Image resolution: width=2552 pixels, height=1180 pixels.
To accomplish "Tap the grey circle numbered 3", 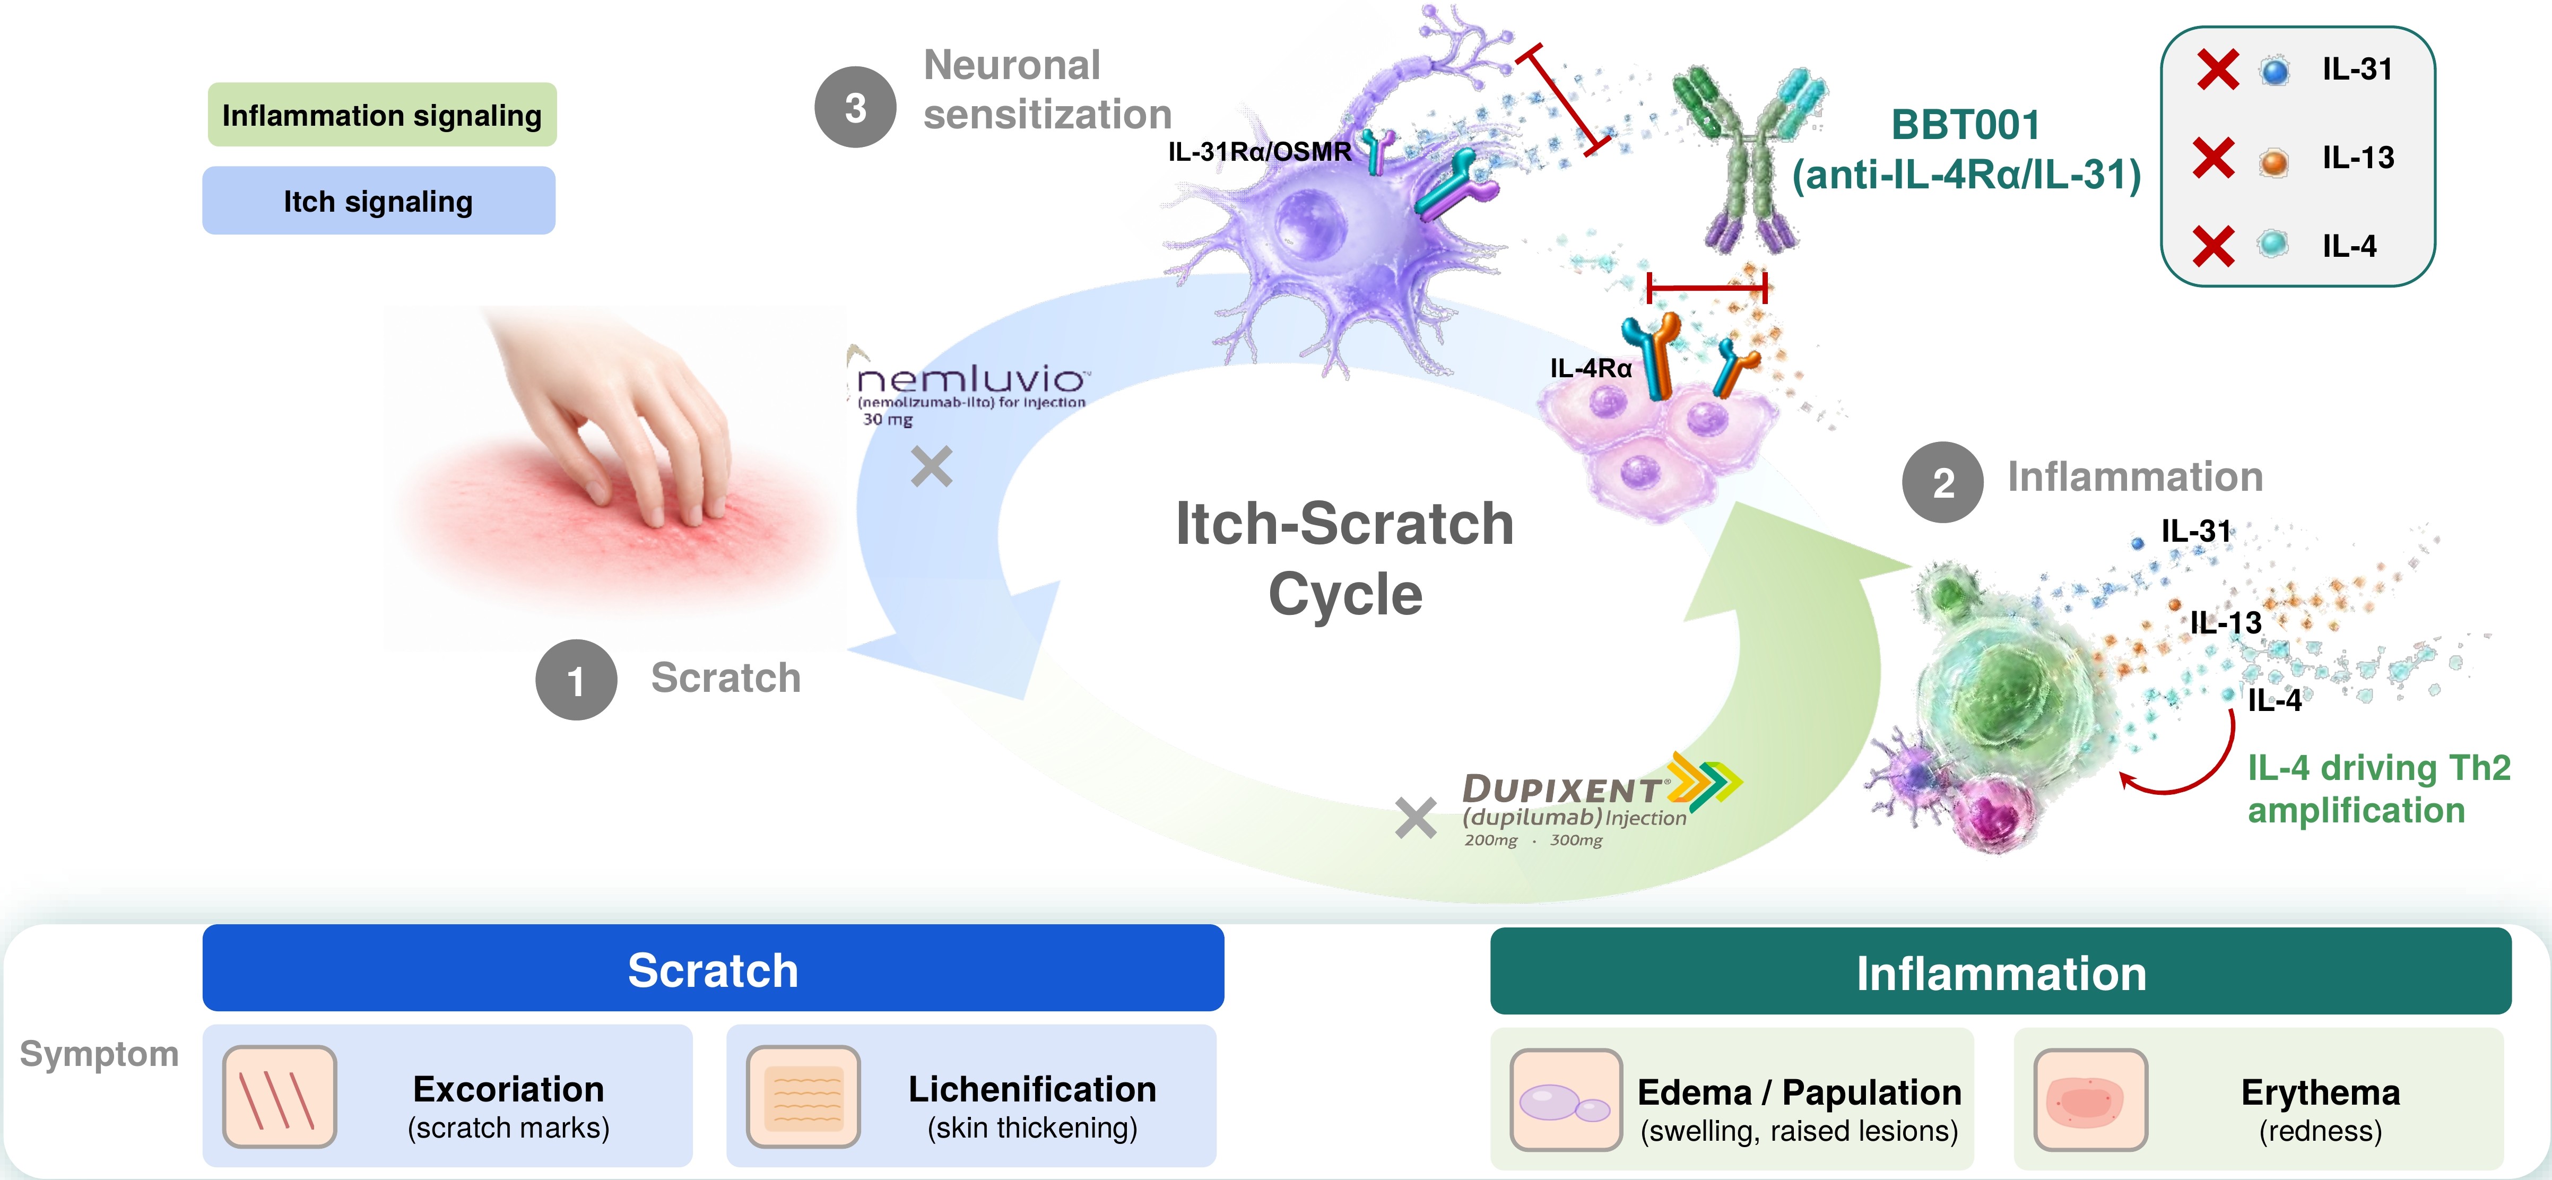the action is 855,107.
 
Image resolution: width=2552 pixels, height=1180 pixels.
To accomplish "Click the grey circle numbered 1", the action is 576,680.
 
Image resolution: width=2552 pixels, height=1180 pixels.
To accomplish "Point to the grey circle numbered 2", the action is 1943,482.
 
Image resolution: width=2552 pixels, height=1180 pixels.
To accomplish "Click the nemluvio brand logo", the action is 971,386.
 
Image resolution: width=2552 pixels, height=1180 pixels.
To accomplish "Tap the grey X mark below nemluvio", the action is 931,467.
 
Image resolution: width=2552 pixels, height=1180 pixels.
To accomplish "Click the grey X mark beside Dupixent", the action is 1416,818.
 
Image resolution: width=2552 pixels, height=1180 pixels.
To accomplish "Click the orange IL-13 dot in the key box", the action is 2273,160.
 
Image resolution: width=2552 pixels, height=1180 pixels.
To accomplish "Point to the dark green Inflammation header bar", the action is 2000,972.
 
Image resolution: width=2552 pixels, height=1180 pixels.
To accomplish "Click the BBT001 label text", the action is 1966,125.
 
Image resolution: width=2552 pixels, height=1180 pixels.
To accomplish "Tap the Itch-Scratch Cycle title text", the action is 1344,558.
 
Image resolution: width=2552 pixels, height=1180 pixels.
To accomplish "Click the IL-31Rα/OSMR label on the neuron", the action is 1259,152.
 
